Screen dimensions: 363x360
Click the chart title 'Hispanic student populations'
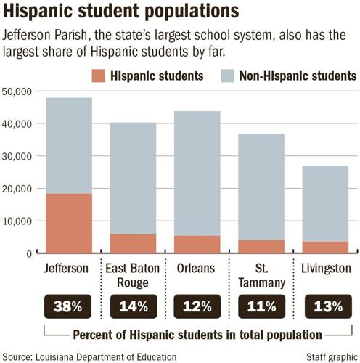pyautogui.click(x=120, y=12)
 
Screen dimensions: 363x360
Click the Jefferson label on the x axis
pyautogui.click(x=66, y=268)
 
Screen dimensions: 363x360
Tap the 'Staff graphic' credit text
pyautogui.click(x=327, y=356)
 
